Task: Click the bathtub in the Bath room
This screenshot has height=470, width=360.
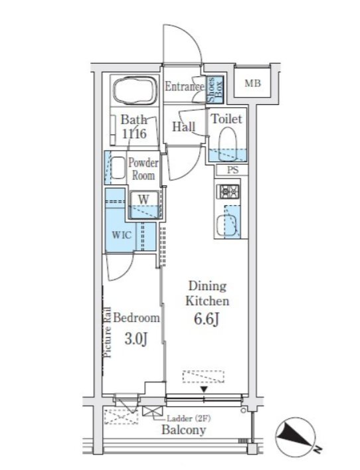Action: point(135,90)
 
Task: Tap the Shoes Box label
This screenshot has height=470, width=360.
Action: point(215,89)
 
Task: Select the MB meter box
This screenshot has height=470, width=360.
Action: point(252,83)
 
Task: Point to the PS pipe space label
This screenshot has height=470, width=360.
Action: point(232,170)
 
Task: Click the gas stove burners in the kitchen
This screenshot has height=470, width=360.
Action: point(230,191)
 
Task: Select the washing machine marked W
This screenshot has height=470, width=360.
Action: point(144,204)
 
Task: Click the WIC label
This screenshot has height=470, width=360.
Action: point(122,234)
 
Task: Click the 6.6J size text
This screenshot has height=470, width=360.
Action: point(207,319)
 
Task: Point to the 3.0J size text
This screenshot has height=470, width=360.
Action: point(135,339)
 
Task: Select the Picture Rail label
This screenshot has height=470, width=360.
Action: point(108,332)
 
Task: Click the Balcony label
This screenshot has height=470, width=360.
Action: point(183,430)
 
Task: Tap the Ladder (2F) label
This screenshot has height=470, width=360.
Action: point(189,418)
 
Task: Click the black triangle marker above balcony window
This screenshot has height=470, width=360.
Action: point(205,390)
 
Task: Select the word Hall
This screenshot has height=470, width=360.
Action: point(183,127)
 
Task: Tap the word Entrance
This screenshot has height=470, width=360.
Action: point(185,86)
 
